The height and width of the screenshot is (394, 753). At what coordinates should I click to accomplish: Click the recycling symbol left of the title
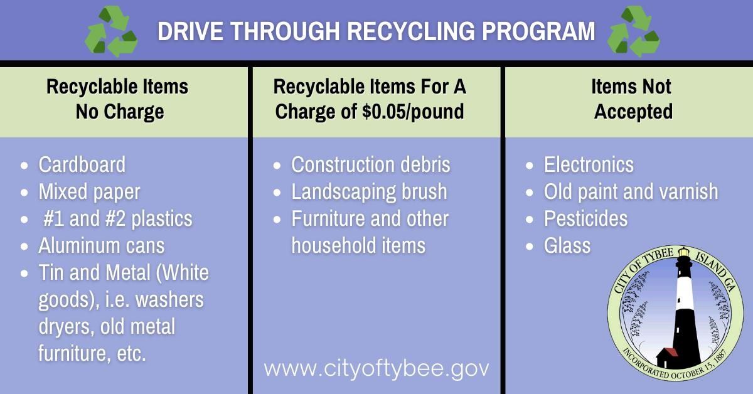point(110,32)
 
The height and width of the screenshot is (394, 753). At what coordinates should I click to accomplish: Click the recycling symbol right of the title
point(633,32)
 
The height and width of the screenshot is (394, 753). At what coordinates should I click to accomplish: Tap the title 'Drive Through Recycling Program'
point(376,31)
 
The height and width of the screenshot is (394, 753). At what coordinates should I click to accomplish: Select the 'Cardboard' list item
point(82,164)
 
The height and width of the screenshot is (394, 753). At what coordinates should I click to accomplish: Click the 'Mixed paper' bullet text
point(89,191)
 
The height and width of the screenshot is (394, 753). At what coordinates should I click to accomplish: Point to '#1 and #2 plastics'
point(118,218)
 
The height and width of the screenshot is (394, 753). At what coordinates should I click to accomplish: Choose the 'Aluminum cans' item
point(101,245)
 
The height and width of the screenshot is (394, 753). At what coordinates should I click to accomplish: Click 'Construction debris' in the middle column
point(371,164)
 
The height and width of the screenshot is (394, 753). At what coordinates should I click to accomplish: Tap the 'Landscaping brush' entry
point(369,191)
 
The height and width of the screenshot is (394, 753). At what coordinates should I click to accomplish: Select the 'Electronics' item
point(589,164)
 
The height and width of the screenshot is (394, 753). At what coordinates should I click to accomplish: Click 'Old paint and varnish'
point(631,191)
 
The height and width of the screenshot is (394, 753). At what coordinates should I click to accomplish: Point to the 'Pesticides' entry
point(585,218)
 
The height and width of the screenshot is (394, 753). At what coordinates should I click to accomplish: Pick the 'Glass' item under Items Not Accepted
point(567,245)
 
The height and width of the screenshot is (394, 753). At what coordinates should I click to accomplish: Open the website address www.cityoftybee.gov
point(376,368)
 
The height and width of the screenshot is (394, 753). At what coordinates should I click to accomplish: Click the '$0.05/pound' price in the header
point(411,112)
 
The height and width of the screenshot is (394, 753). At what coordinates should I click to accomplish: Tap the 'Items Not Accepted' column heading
point(633,99)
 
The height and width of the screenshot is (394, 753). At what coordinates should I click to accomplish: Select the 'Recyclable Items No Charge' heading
point(117,99)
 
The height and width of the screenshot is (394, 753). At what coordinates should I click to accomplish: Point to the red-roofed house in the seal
point(668,357)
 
